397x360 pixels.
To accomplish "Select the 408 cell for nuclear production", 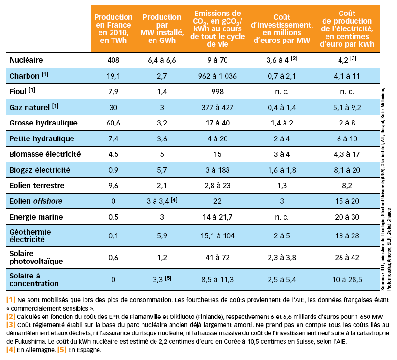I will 113,60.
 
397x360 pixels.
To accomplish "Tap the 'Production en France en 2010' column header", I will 113,28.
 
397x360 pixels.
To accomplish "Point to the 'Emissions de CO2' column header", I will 217,28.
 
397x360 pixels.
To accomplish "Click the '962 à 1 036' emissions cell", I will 217,76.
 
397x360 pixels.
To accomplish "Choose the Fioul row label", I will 20,92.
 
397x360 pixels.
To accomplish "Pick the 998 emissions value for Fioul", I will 217,92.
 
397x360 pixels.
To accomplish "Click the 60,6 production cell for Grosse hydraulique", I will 113,123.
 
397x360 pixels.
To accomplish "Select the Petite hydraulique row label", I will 42,139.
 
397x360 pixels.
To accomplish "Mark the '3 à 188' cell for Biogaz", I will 217,170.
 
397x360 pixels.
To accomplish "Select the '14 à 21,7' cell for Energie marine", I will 217,217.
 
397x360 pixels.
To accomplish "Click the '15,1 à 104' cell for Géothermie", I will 217,236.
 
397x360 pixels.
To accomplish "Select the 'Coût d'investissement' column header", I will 282,28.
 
